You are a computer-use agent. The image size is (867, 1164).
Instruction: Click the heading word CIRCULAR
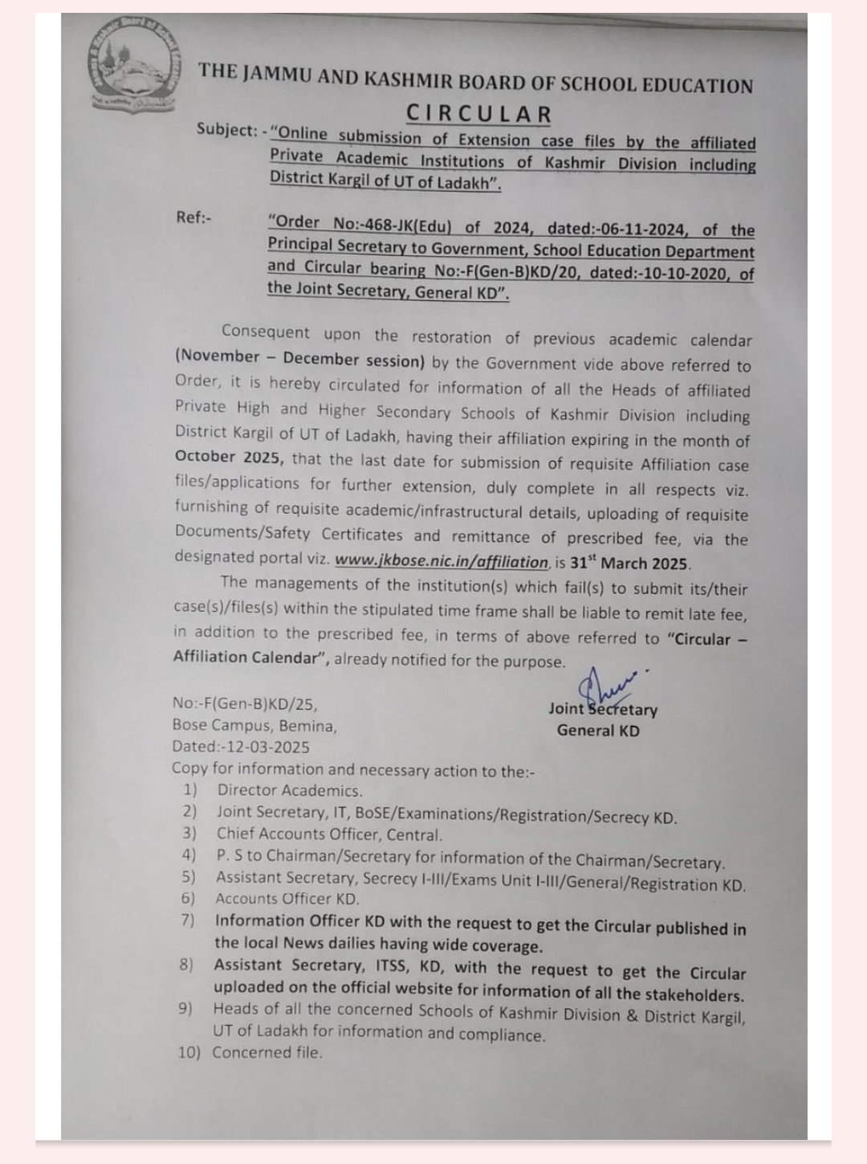pyautogui.click(x=478, y=113)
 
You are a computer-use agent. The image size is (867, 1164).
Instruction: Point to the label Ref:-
pyautogui.click(x=193, y=217)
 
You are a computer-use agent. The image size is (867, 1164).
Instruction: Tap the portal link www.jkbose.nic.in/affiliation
pyautogui.click(x=442, y=562)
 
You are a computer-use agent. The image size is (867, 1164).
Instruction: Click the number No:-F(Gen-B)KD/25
pyautogui.click(x=245, y=704)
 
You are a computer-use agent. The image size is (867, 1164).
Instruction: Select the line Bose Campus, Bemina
pyautogui.click(x=254, y=726)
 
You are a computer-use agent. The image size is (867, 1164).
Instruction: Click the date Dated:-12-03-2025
pyautogui.click(x=241, y=747)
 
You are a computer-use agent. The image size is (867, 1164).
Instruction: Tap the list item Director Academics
pyautogui.click(x=290, y=791)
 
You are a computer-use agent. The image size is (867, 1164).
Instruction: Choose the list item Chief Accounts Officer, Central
pyautogui.click(x=329, y=835)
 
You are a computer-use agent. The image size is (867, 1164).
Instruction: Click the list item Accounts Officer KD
pyautogui.click(x=287, y=899)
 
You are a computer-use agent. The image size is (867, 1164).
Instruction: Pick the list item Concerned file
pyautogui.click(x=267, y=1052)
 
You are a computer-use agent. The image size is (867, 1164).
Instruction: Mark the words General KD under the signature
pyautogui.click(x=598, y=731)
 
